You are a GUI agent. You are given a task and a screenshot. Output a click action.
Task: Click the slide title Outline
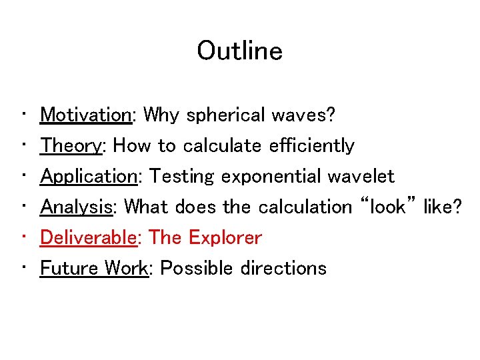click(239, 51)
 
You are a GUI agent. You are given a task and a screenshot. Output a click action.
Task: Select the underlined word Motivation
click(87, 115)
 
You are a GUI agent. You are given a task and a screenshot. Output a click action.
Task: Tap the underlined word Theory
click(74, 146)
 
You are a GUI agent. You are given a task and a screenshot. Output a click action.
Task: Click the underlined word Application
click(89, 177)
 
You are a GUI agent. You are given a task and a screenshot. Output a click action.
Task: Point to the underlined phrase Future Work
click(94, 268)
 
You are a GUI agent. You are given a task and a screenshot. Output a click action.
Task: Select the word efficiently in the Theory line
click(312, 146)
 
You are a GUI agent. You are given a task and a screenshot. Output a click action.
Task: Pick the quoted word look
click(387, 207)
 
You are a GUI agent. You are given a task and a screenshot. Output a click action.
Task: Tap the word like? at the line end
click(442, 207)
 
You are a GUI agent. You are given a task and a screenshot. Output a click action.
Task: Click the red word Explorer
click(225, 237)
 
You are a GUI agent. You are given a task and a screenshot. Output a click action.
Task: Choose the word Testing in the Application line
click(182, 177)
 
